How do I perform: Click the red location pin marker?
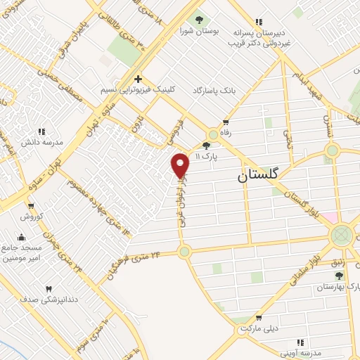pyautogui.click(x=181, y=165)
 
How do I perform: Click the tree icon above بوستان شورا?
pyautogui.click(x=199, y=20)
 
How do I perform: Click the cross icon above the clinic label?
pyautogui.click(x=139, y=79)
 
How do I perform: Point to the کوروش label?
pyautogui.click(x=32, y=217)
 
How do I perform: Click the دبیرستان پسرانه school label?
pyautogui.click(x=259, y=33)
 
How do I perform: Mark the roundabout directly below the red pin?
pyautogui.click(x=185, y=251)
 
